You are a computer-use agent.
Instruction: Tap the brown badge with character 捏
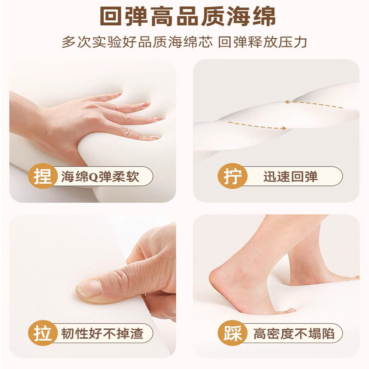pyautogui.click(x=42, y=177)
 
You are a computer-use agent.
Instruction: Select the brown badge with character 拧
pyautogui.click(x=232, y=177)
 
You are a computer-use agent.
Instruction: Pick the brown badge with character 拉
pyautogui.click(x=42, y=333)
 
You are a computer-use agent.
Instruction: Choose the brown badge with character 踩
pyautogui.click(x=232, y=333)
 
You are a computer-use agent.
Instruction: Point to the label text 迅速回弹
pyautogui.click(x=291, y=177)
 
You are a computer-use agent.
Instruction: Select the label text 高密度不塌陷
pyautogui.click(x=294, y=333)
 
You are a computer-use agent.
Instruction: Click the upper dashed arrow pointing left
pyautogui.click(x=314, y=105)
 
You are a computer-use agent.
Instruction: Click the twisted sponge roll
pyautogui.click(x=277, y=115)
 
